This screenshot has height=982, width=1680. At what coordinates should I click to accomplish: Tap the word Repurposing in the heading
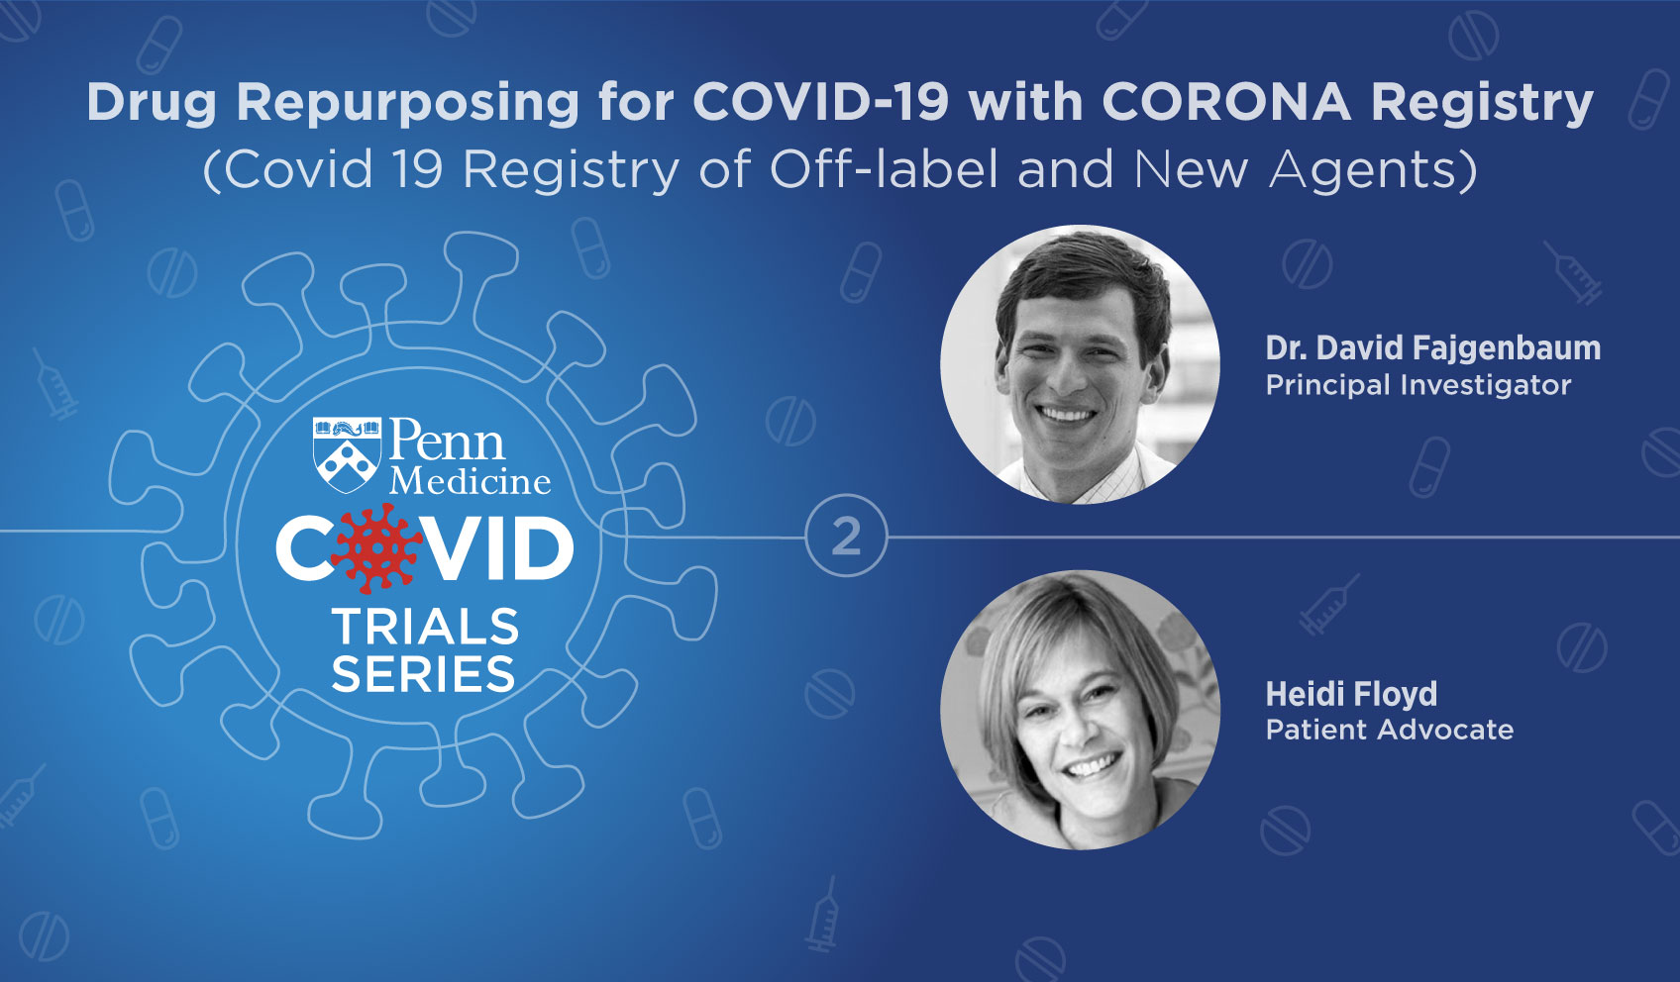407,104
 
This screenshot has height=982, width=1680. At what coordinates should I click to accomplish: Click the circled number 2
846,536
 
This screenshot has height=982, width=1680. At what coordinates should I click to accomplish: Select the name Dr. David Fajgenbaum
1433,347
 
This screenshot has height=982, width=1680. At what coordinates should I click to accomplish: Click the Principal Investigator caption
1418,384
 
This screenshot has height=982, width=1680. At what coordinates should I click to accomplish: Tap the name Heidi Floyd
1351,693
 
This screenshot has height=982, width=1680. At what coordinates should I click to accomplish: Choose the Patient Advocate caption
1390,730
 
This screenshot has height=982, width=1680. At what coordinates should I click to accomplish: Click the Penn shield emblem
347,454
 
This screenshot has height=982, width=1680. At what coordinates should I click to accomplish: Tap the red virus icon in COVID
376,548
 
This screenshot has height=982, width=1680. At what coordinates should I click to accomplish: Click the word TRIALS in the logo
425,627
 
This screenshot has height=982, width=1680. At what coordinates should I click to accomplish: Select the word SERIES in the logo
423,673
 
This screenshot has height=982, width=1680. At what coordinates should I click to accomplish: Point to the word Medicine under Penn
471,480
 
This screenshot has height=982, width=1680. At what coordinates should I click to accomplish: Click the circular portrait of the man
1080,364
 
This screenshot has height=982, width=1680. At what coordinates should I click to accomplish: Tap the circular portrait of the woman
1080,710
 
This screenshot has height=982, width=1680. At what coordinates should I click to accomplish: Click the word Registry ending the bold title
1482,104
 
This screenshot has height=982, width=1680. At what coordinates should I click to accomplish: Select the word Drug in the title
152,104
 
